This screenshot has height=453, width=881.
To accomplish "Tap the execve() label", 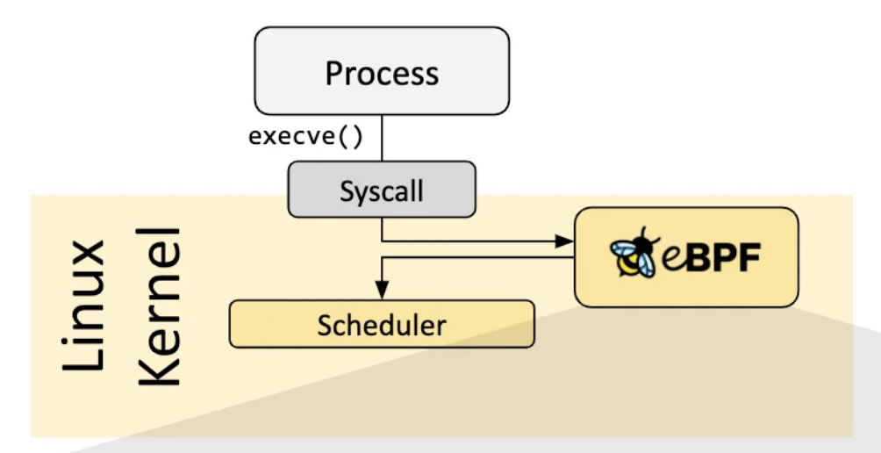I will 304,137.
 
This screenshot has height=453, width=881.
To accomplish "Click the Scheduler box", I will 382,325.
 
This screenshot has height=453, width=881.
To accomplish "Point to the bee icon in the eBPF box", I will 632,255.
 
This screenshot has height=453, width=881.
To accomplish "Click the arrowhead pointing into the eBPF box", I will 567,240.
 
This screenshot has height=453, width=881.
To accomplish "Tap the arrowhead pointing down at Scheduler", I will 381,292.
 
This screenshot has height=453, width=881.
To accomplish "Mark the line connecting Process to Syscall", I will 382,140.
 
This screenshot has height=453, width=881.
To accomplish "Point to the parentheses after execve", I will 351,137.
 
